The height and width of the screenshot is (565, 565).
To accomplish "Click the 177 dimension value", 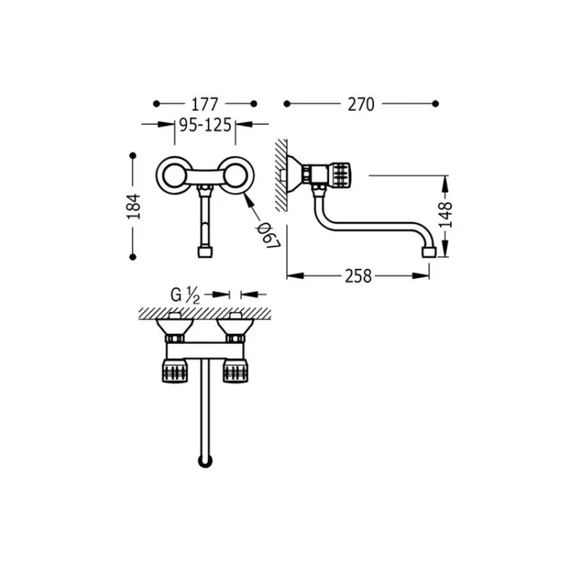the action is coord(204,104).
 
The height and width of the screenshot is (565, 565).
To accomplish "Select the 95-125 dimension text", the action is coord(205,125).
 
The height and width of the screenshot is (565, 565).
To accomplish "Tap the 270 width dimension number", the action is coord(361,104).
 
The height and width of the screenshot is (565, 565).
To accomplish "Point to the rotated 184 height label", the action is coord(133,206).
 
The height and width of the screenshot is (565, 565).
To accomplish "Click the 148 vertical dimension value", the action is coord(446,215).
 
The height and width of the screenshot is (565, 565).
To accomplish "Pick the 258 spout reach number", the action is coord(358,276).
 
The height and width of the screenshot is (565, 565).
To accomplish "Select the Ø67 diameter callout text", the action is coord(268,235).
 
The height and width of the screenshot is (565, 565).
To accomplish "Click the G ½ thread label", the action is coord(185,295).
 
